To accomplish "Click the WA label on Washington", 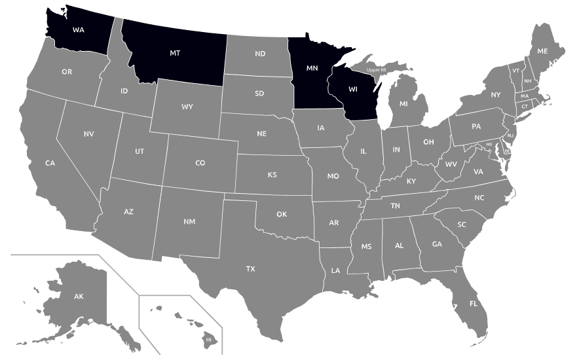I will [x=79, y=29].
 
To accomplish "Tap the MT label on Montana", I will [x=175, y=52].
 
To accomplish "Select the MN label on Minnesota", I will [x=312, y=67].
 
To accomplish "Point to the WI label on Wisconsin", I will [x=353, y=89].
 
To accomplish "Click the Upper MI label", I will [x=376, y=69].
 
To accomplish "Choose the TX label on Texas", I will [x=250, y=269].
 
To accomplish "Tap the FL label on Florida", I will [x=473, y=304].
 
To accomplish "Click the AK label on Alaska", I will [x=79, y=297].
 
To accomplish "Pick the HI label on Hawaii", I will [x=208, y=340].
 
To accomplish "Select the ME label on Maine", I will [x=542, y=50].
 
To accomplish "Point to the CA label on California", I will [x=50, y=163].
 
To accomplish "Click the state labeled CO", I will [x=200, y=163].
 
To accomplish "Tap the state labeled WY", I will [x=187, y=107].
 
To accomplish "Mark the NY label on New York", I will [x=495, y=95].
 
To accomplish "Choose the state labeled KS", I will [x=272, y=175].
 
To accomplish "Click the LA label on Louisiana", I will [x=335, y=270].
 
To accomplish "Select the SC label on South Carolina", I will [x=462, y=225].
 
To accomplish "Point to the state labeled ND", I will [x=260, y=54].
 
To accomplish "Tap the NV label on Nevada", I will [x=88, y=134].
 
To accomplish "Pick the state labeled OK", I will [x=282, y=214].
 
